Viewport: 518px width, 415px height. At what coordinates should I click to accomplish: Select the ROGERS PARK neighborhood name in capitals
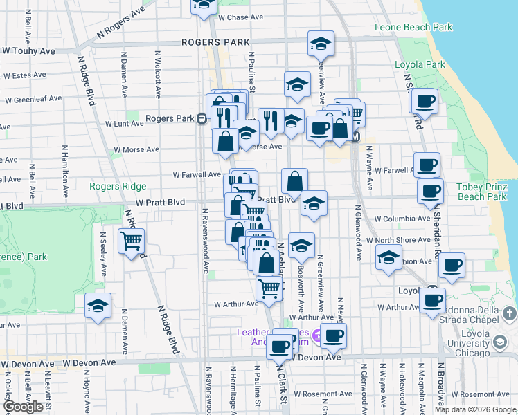pyautogui.click(x=215, y=42)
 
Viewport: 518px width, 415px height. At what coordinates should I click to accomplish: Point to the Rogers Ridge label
pyautogui.click(x=118, y=186)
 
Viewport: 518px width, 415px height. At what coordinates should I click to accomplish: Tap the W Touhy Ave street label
pyautogui.click(x=28, y=51)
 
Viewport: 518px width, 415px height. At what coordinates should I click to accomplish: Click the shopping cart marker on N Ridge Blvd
pyautogui.click(x=131, y=242)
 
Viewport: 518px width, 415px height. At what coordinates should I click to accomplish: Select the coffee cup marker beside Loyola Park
pyautogui.click(x=425, y=102)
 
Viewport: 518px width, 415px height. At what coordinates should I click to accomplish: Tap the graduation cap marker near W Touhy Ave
pyautogui.click(x=321, y=44)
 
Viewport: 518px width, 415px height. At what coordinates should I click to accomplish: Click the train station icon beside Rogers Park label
pyautogui.click(x=201, y=118)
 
